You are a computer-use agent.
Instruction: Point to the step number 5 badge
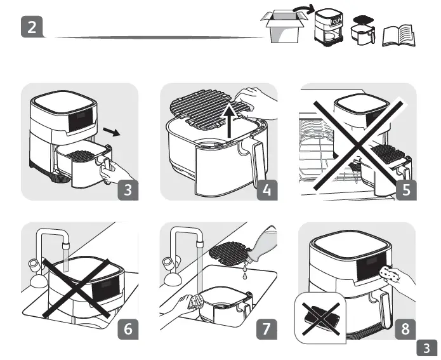tap(405, 190)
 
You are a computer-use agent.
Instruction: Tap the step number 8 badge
tap(405, 329)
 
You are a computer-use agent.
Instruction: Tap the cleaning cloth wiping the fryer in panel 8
tap(388, 274)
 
